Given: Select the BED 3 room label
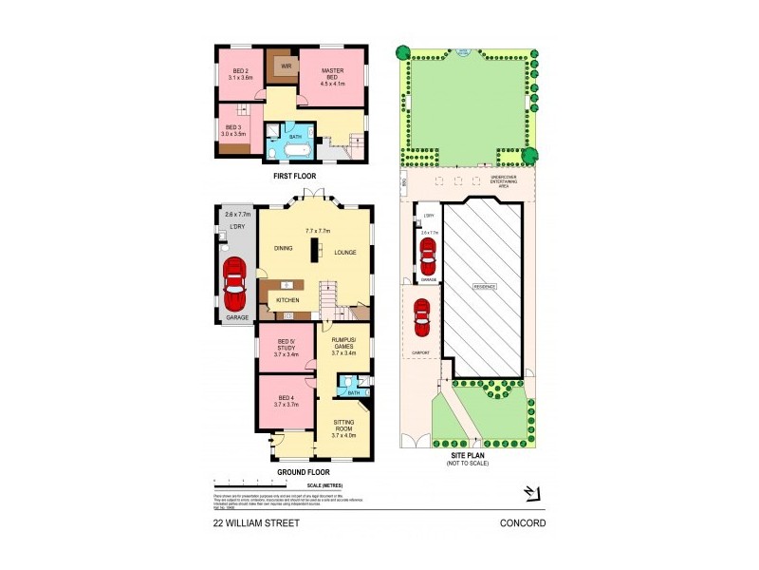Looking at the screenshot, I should click(x=233, y=131).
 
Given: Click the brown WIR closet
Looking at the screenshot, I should click(x=283, y=66).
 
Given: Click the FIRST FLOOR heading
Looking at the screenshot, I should click(x=294, y=176).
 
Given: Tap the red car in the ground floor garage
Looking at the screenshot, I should click(x=233, y=278).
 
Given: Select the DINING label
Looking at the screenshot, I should click(x=284, y=249).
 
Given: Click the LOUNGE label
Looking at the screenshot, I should click(x=345, y=253).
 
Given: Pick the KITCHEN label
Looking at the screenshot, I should click(x=288, y=300).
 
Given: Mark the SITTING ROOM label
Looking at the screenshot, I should click(x=343, y=429).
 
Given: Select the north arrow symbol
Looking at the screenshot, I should click(x=531, y=493).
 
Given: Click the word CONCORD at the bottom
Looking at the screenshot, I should click(x=524, y=522).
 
